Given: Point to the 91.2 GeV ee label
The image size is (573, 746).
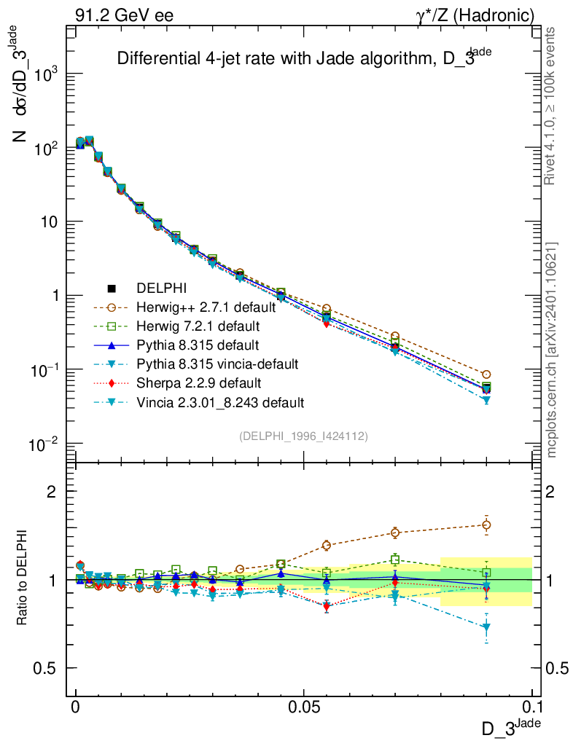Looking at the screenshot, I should click(x=124, y=15).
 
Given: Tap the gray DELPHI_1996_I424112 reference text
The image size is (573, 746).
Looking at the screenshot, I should click(x=303, y=436).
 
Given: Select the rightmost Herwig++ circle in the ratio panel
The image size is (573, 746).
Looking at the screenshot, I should click(x=486, y=525).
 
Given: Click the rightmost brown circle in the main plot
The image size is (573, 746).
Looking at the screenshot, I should click(x=486, y=374).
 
